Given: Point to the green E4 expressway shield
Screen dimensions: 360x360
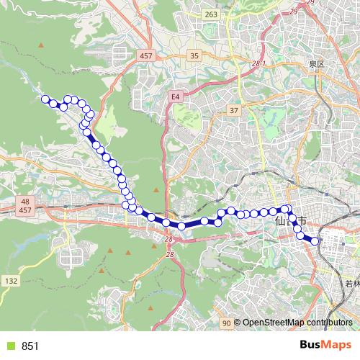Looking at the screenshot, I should coord(175,95).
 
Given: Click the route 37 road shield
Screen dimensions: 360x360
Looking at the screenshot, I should coord(233,110).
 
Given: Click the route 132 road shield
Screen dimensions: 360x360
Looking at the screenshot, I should coord(11,280).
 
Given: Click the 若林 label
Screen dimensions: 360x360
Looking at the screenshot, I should coord(352,286).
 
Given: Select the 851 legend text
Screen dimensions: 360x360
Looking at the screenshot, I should coord(30,346).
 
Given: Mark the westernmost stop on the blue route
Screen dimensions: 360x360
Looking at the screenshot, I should coord(45,99).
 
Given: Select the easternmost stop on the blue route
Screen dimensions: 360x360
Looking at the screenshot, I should coord(315,242).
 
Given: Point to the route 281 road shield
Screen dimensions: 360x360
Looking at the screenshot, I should coord(259,64).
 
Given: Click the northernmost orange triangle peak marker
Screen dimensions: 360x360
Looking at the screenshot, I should coord(41,45).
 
